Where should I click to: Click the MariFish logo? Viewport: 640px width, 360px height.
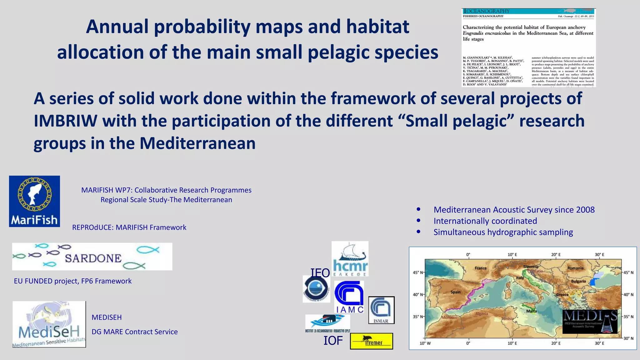click(x=34, y=201)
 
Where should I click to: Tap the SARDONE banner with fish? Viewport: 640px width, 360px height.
click(x=92, y=257)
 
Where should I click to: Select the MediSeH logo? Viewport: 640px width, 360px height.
click(x=49, y=324)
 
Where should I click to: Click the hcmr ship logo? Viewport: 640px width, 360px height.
click(x=350, y=259)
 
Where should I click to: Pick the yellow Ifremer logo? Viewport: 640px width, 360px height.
click(x=372, y=341)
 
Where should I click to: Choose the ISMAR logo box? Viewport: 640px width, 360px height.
click(x=381, y=310)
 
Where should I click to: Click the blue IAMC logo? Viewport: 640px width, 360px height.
click(x=349, y=297)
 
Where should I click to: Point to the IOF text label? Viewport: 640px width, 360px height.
click(x=333, y=341)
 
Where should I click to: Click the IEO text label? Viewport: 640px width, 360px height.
click(x=320, y=273)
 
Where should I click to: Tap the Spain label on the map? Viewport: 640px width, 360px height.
click(x=455, y=292)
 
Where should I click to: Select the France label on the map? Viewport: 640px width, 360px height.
click(x=480, y=268)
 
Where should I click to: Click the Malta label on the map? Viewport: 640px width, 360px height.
click(x=531, y=311)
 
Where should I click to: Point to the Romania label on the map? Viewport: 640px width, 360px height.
click(x=575, y=268)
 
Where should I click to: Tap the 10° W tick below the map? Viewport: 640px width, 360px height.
click(x=425, y=343)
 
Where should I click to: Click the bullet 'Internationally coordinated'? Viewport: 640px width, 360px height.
click(x=485, y=221)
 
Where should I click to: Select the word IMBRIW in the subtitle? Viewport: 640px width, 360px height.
click(x=65, y=121)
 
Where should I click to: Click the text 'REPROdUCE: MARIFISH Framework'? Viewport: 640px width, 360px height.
click(x=129, y=227)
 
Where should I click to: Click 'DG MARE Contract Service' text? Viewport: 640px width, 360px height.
click(x=134, y=332)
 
